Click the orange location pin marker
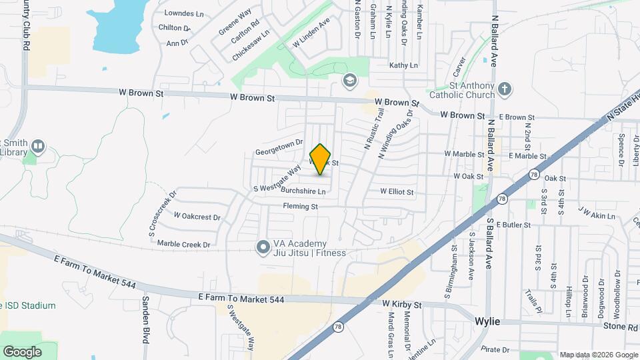(x=321, y=159)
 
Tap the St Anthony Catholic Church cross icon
(x=505, y=88)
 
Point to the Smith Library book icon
(x=39, y=145)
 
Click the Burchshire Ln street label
(x=303, y=191)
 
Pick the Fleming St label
(x=300, y=207)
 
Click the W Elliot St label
(x=397, y=192)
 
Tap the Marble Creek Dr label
(x=183, y=244)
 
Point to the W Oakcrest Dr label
(x=197, y=216)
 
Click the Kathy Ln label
(x=403, y=65)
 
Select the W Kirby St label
(x=402, y=304)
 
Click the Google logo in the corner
(x=22, y=351)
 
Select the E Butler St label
(x=513, y=225)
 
